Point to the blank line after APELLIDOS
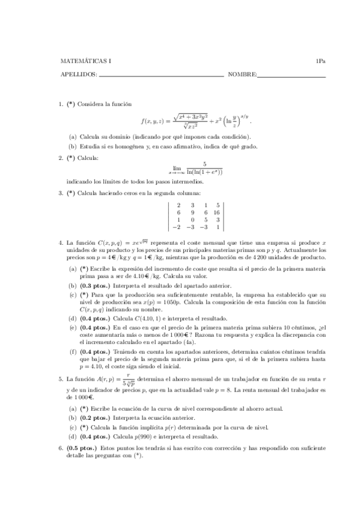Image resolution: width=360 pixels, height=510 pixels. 160,76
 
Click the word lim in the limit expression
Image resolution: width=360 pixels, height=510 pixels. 177,168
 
